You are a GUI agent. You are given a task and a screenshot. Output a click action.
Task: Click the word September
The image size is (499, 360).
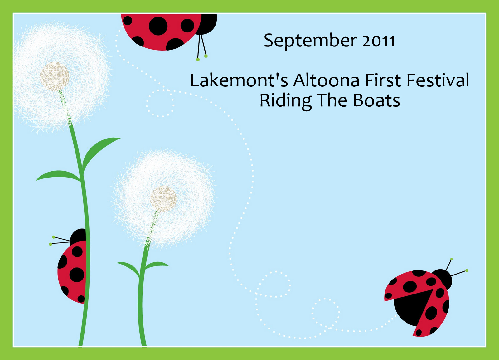[x=311, y=41]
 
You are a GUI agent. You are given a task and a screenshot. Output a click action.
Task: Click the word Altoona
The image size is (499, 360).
[x=326, y=80]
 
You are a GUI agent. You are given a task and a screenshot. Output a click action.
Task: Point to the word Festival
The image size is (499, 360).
[x=438, y=80]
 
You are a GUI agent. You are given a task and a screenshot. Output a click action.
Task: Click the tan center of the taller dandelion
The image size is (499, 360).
[x=55, y=76]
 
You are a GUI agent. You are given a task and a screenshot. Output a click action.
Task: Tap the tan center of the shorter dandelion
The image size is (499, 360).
[x=163, y=199]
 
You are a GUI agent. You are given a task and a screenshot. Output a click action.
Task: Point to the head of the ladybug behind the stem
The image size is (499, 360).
[x=78, y=237]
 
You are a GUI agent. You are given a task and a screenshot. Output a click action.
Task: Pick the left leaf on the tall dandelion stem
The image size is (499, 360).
[x=58, y=176]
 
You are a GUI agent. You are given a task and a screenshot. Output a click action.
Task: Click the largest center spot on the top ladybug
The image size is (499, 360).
[x=158, y=26]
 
